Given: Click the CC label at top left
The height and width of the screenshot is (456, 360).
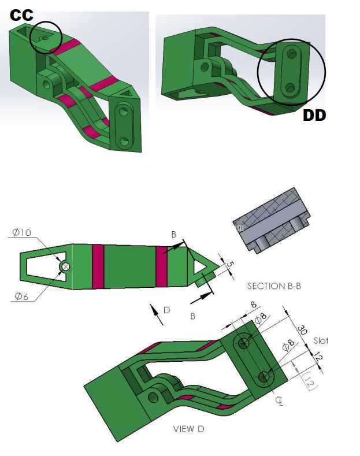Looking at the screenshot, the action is point(21,15).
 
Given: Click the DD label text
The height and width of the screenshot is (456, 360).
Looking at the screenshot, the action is point(314,116).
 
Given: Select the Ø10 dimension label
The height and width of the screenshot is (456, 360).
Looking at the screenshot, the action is point(22,232).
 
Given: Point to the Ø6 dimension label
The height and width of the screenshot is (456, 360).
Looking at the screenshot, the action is point(22,296).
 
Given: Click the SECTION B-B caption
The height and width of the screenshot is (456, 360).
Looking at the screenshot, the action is point(274,286).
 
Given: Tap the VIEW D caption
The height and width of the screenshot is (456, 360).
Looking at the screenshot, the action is point(189,429).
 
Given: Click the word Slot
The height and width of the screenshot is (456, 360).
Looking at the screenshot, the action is point(321,340).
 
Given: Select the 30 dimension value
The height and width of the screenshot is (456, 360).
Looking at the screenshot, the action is point(302,330).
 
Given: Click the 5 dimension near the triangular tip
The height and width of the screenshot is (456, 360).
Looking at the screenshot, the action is point(230,264).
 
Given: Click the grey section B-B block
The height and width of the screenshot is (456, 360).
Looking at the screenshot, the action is point(272,220).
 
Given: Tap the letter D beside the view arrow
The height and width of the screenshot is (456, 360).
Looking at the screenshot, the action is point(166,310).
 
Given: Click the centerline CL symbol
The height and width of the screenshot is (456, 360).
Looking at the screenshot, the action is point(280,402).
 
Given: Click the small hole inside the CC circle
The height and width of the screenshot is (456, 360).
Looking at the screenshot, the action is point(44,38).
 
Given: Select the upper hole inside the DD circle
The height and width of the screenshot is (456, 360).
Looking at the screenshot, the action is point(292,54).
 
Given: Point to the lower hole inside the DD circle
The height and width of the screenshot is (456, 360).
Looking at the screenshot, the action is point(290,87).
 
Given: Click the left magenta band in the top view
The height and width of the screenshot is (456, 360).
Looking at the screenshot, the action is point(98,266).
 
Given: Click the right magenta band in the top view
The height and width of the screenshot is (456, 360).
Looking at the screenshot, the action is point(161,266).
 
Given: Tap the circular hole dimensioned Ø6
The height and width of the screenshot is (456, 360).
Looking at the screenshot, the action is point(65,266).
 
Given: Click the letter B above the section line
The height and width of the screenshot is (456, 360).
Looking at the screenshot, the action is point(173,235).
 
